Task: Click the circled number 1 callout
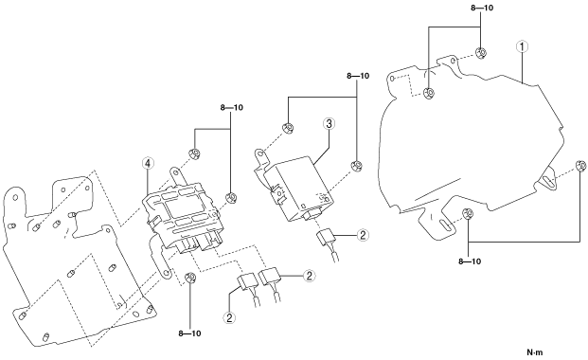coord(522,46)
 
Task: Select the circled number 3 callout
coord(329,123)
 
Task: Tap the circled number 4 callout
coord(148,163)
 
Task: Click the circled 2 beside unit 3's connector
coord(363,235)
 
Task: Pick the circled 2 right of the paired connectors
coord(309,276)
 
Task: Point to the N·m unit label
coord(535,352)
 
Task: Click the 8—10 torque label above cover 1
coord(482,8)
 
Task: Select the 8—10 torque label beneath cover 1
coord(470,261)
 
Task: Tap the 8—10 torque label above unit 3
coord(358,76)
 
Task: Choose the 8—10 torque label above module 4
coord(232,107)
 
